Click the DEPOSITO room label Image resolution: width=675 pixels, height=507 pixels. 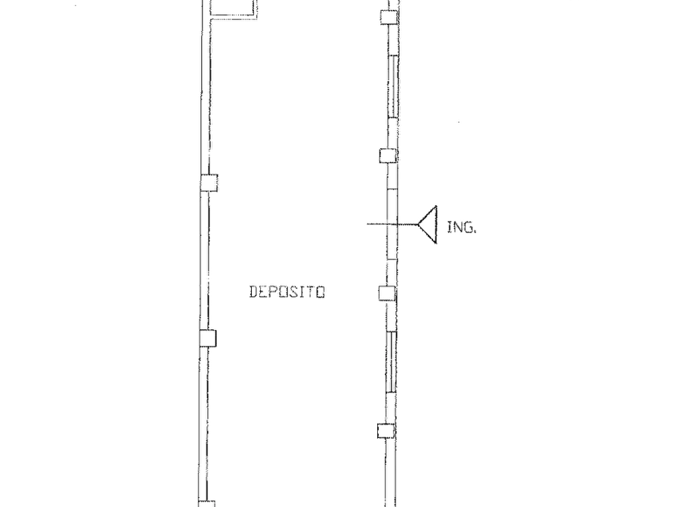[287, 292]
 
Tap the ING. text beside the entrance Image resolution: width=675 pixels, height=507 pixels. [462, 227]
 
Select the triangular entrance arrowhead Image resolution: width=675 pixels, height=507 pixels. [428, 224]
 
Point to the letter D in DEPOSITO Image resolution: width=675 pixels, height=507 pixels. [254, 292]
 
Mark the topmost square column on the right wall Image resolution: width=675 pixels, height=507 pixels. [389, 17]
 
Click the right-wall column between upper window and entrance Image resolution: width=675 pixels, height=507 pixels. [389, 155]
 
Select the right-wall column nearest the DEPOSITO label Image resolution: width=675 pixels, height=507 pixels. [387, 293]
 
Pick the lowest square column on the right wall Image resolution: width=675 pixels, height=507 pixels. [385, 431]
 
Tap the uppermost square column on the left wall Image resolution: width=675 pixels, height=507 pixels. [209, 183]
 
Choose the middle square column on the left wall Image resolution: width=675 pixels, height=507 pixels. [208, 338]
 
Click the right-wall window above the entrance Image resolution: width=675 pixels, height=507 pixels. [392, 86]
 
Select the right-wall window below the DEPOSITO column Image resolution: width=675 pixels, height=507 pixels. [391, 362]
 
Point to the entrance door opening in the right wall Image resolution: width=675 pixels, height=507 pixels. [392, 224]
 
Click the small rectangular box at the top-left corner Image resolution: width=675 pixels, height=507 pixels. [233, 8]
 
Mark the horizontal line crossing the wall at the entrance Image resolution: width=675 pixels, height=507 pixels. [392, 224]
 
